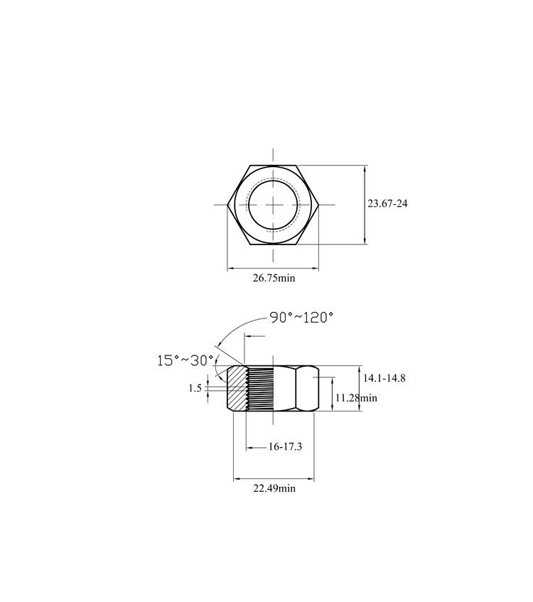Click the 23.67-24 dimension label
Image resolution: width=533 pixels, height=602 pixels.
387,203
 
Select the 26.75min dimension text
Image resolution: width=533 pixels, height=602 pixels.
274,278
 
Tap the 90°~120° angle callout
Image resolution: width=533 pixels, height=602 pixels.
301,318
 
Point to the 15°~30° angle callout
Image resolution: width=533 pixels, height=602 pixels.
185,360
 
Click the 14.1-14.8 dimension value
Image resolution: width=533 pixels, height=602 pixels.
384,378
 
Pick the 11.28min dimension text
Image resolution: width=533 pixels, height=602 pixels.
356,398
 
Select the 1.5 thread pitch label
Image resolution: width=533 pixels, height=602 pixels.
195,388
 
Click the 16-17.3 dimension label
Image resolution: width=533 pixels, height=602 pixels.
285,446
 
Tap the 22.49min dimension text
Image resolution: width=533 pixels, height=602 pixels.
274,488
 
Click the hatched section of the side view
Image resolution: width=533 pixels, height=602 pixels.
236,389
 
